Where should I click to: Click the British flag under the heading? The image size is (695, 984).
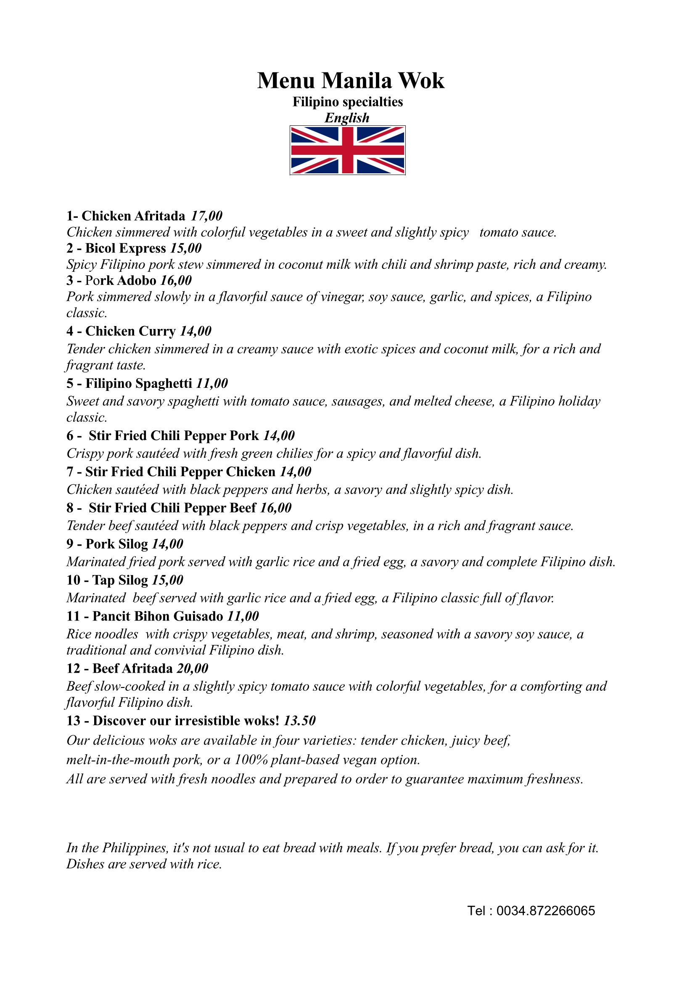point(347,150)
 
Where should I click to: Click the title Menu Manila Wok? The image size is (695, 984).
point(350,81)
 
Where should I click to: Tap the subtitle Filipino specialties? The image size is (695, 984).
point(347,102)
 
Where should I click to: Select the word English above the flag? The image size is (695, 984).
point(347,118)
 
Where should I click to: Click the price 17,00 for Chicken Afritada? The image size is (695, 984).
point(206,216)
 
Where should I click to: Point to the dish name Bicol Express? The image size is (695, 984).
point(125,249)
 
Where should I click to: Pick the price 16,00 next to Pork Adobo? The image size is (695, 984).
point(176,281)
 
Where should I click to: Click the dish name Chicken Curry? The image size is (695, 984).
point(131,331)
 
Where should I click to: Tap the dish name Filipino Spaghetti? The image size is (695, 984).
point(138,384)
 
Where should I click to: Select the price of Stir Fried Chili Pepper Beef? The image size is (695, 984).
point(276,508)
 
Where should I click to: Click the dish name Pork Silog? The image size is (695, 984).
point(116,544)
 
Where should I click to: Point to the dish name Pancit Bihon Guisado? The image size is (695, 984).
point(158,616)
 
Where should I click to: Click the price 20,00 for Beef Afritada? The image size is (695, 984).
point(193,668)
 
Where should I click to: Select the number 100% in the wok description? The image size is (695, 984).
point(251,760)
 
